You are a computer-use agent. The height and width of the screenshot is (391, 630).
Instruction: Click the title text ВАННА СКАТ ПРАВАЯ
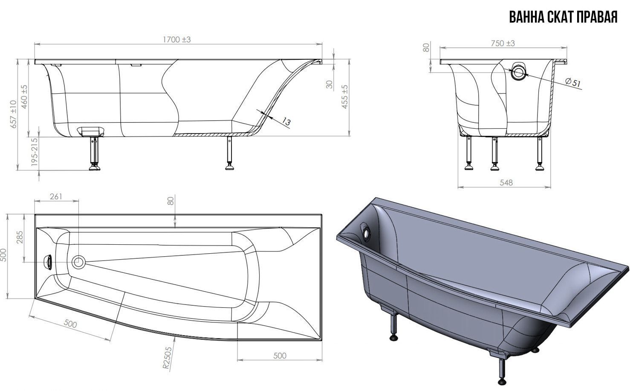pos(564,17)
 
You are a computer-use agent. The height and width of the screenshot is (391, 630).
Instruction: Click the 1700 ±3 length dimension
pos(177,40)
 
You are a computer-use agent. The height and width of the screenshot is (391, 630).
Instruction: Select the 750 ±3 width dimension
pos(503,43)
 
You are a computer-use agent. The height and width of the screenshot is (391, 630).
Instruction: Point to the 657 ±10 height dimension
pos(14,114)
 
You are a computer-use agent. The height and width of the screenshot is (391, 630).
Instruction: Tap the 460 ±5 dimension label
pos(24,97)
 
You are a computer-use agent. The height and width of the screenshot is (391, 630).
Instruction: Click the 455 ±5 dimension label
pos(345,97)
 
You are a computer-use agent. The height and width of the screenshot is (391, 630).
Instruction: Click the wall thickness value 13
pos(286,122)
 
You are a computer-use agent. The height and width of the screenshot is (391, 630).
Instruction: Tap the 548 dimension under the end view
pos(506,182)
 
